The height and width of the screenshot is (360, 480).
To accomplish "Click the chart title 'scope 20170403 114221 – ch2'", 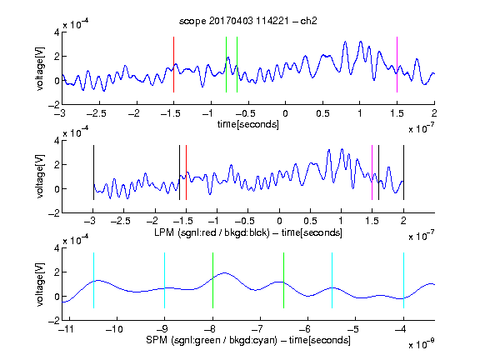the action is coord(248,21).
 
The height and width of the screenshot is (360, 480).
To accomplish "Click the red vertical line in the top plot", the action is coord(173,64).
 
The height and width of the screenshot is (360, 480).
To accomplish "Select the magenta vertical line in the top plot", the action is coord(397,64).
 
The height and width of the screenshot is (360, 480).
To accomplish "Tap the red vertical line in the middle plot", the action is coord(186,172).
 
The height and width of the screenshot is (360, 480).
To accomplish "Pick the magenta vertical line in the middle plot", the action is coord(372,172).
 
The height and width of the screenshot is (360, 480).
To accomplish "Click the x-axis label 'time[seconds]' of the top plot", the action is coord(248,124).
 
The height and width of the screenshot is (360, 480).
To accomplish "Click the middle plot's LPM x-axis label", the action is coord(248,232).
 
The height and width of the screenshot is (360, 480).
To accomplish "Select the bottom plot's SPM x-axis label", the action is coord(248,340).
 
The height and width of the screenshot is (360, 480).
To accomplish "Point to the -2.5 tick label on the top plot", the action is coord(96,113).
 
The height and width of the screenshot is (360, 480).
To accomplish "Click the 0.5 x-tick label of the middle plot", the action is coord(310,222).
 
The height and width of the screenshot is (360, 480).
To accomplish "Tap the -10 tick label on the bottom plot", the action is coord(114,329).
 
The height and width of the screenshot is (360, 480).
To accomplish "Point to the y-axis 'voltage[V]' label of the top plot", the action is coord(40,68).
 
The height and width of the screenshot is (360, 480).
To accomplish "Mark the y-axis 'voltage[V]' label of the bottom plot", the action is coord(40,284).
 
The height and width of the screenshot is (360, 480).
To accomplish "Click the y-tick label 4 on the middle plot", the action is coord(57,141).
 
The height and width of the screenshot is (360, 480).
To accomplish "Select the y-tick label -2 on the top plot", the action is coord(54,105).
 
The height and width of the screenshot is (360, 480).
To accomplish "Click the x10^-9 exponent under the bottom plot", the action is coord(422,344).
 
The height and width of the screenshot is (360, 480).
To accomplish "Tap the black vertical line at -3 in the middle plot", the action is coord(93,172).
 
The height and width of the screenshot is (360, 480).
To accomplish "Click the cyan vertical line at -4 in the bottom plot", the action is coord(403,280).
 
